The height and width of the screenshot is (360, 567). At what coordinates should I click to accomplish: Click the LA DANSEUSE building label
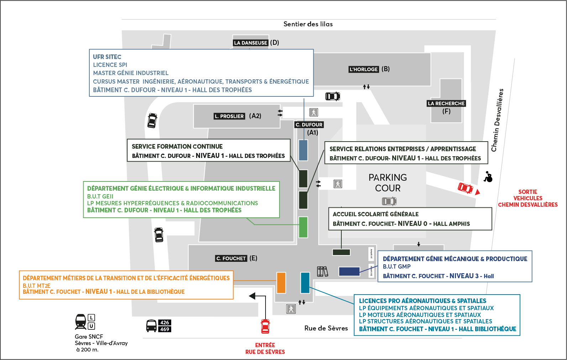[x=251, y=43]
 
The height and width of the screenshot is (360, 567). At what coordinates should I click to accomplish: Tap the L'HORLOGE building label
[x=363, y=69]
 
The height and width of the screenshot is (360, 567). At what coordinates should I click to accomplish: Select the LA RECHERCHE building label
[x=446, y=104]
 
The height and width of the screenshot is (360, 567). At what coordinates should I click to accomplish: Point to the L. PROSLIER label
[x=229, y=116]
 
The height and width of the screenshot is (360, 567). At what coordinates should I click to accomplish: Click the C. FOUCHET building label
[x=231, y=259]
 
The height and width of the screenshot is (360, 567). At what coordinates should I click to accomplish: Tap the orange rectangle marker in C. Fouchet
[x=281, y=283]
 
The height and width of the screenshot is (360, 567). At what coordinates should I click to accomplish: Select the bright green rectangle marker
[x=303, y=227]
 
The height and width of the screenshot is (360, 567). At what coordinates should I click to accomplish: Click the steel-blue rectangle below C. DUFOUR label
[x=303, y=150]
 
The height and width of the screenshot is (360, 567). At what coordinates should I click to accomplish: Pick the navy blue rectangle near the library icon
[x=349, y=271]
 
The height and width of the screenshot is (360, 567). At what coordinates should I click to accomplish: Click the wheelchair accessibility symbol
[x=488, y=176]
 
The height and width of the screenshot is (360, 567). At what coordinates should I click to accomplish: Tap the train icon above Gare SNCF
[x=81, y=322]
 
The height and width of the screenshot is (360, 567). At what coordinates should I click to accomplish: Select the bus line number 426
[x=164, y=323]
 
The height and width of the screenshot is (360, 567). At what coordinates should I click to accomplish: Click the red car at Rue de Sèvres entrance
[x=265, y=326]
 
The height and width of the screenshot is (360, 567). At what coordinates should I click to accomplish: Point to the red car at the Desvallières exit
[x=466, y=188]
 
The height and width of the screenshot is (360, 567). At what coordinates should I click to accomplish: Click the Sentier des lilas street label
[x=308, y=24]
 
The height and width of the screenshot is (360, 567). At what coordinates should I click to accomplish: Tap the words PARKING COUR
[x=388, y=183]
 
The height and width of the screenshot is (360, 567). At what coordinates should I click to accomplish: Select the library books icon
[x=322, y=271]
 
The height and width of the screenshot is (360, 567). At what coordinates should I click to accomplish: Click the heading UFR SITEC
[x=107, y=57]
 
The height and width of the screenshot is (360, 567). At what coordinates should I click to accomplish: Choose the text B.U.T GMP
[x=397, y=266]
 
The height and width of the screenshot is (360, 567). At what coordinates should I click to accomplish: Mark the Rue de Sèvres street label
[x=326, y=328]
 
